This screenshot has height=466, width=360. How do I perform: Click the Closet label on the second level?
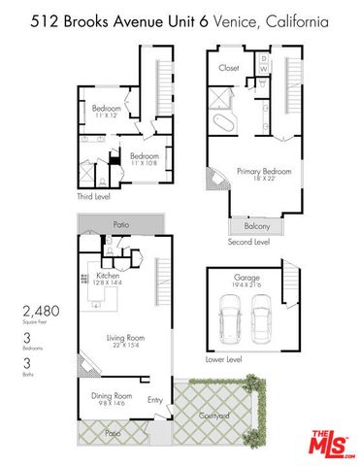click(229, 68)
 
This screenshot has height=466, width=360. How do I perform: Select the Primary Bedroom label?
click(257, 171)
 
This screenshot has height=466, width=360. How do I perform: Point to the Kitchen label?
click(108, 276)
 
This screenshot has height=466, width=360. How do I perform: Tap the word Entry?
click(155, 399)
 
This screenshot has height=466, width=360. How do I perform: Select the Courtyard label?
click(216, 415)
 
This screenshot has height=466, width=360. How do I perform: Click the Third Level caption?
click(93, 196)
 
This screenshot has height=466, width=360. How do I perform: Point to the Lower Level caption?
click(226, 358)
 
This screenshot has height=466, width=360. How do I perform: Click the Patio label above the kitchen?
click(120, 224)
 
